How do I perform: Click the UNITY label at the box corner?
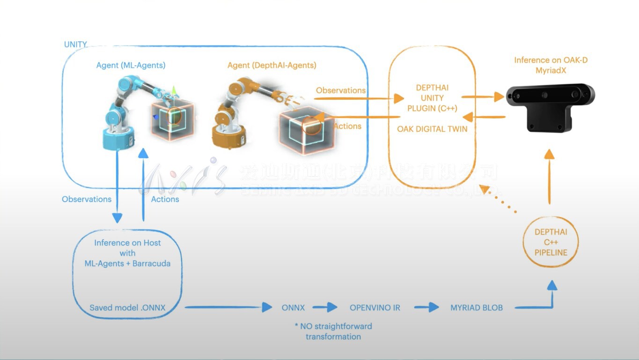[75, 44]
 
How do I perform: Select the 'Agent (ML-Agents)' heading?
[131, 66]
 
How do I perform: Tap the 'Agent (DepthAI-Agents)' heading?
[272, 66]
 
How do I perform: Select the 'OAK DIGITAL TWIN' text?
[432, 129]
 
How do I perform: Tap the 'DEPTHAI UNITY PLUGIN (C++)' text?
[432, 98]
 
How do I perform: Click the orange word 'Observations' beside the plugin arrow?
[340, 90]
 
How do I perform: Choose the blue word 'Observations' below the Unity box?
[87, 199]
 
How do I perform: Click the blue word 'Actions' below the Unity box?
[165, 199]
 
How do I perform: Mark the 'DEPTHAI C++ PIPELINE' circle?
[551, 242]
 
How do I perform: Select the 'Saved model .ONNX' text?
[127, 308]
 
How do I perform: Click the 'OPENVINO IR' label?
[375, 308]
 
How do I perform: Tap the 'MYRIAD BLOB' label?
[477, 308]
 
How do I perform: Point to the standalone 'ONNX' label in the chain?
[293, 308]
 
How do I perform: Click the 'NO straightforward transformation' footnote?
[333, 331]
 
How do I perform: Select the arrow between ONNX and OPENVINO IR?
[325, 308]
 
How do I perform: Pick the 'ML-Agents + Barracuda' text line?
[127, 264]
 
